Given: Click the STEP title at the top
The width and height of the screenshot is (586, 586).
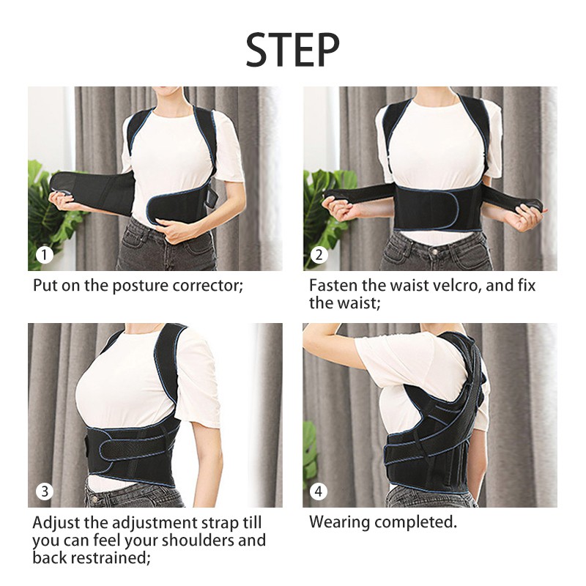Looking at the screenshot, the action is tap(292, 50).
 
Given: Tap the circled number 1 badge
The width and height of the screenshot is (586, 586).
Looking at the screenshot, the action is tap(45, 255).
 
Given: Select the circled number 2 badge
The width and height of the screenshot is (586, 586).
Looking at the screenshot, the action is tap(319, 255).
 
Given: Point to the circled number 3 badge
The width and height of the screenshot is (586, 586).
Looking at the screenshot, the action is tap(45, 491).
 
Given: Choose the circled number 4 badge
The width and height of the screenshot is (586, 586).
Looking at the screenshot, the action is tap(319, 491).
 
